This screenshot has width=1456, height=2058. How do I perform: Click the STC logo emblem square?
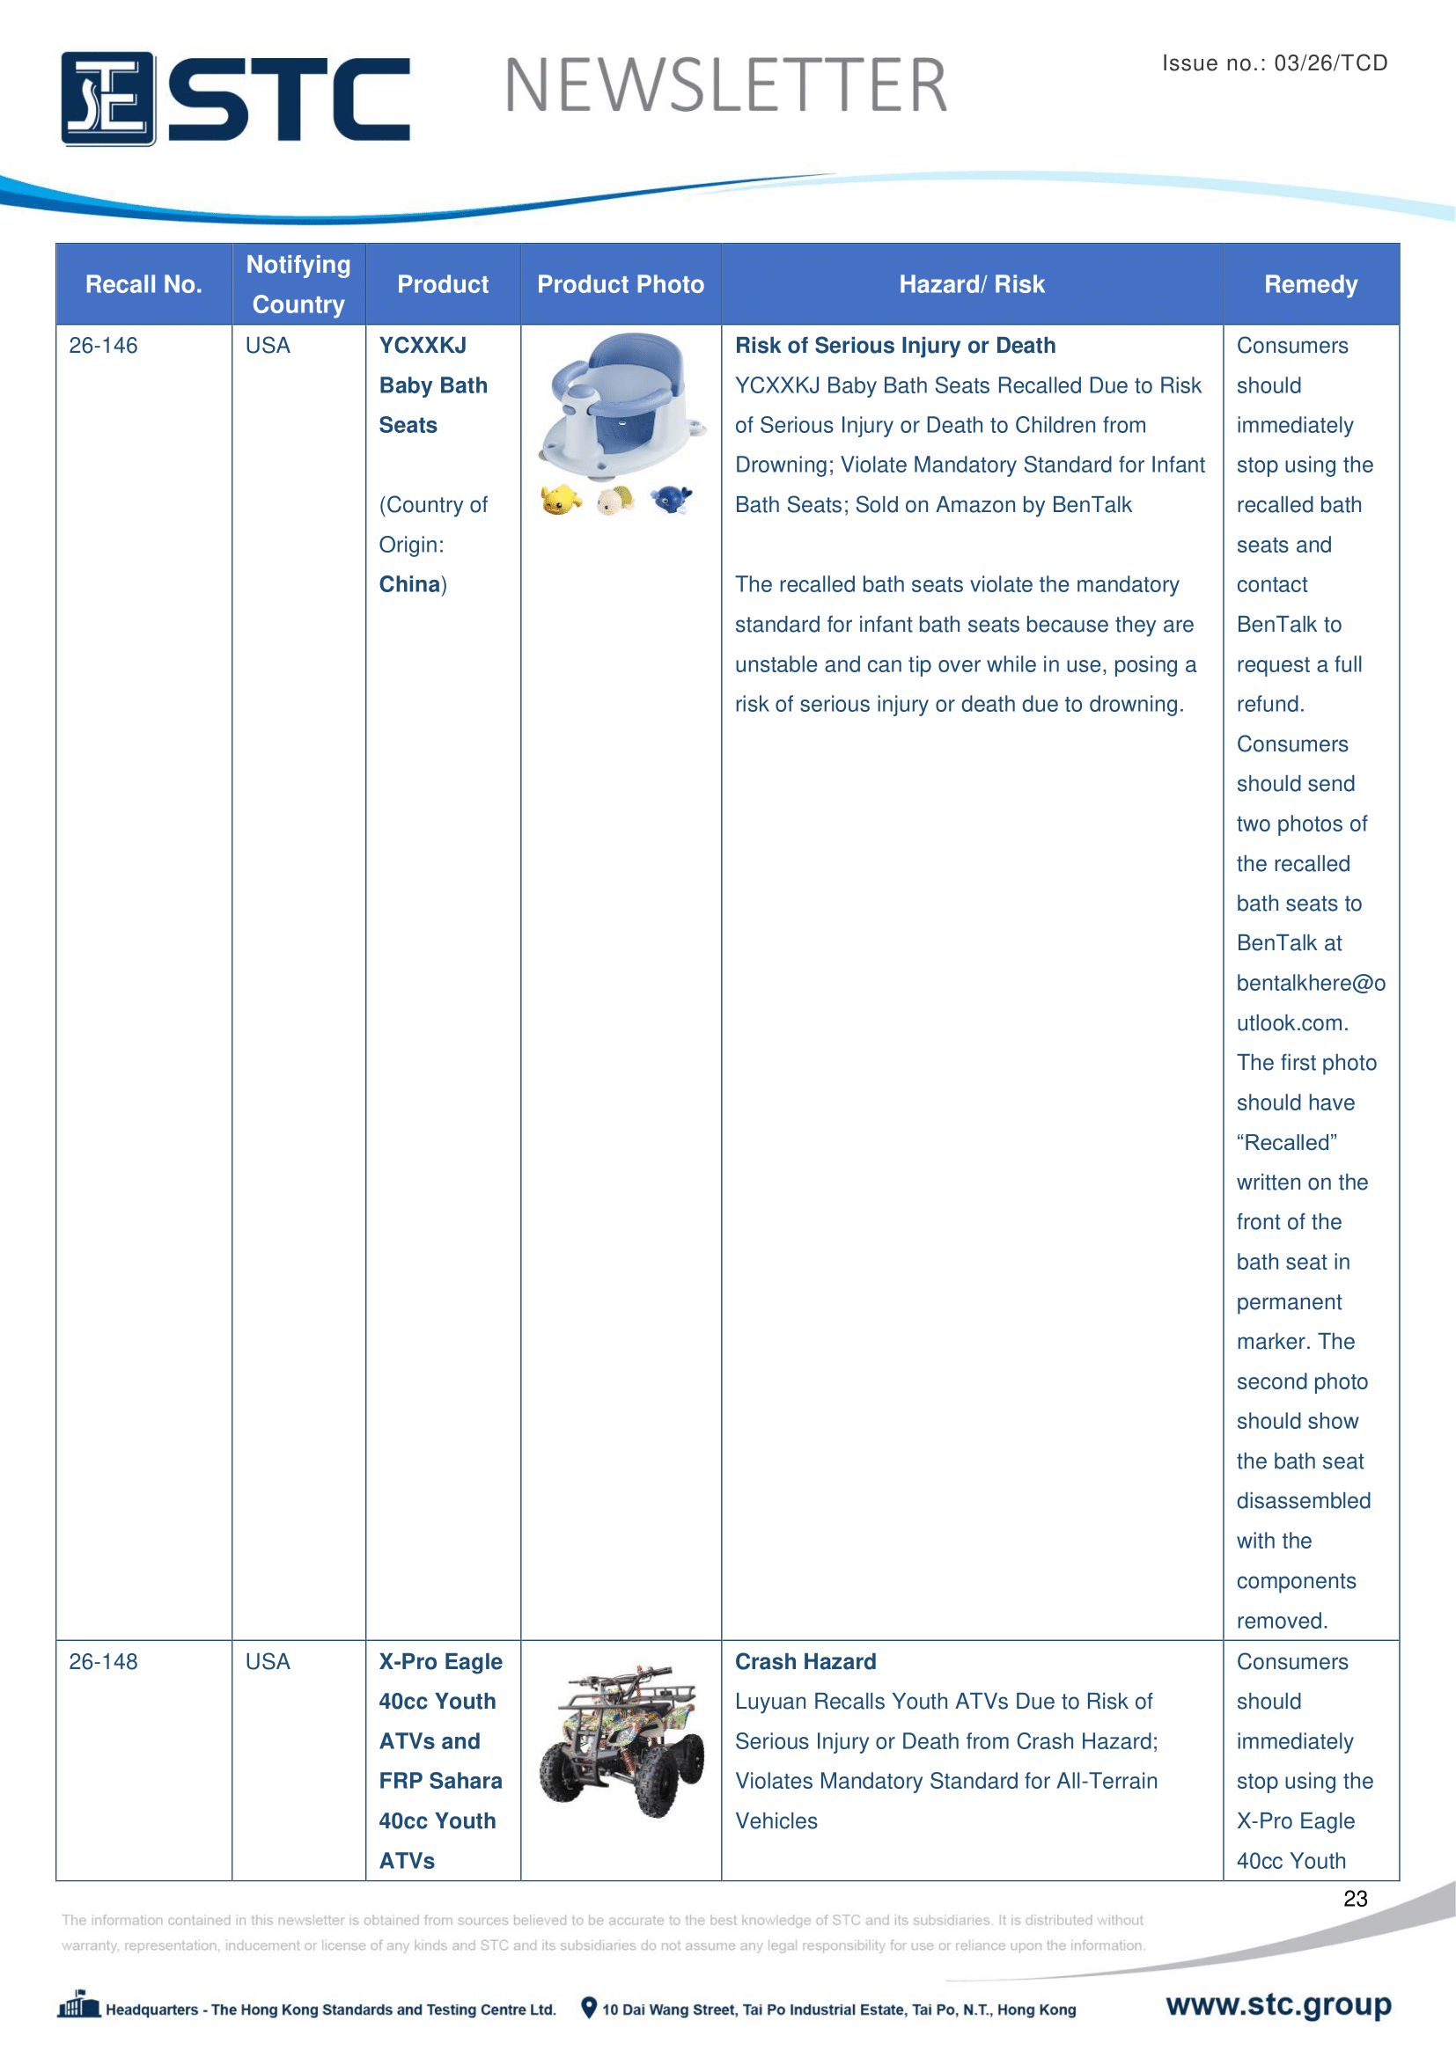click(x=107, y=99)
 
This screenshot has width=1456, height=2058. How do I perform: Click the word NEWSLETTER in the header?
click(x=725, y=86)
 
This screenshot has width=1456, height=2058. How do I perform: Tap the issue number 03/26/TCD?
click(x=1329, y=62)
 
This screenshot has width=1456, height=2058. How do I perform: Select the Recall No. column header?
click(x=143, y=284)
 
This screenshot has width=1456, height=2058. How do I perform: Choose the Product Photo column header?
click(x=621, y=284)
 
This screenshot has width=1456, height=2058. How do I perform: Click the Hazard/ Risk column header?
click(x=972, y=284)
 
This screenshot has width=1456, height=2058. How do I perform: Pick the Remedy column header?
click(x=1310, y=284)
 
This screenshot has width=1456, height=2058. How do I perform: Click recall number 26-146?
click(x=103, y=346)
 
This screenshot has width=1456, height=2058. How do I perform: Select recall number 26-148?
click(x=103, y=1661)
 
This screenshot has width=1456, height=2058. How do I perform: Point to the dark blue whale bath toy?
click(x=671, y=499)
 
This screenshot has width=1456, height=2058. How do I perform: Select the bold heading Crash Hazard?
click(x=805, y=1661)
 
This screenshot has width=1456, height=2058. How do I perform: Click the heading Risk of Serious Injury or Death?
click(x=894, y=346)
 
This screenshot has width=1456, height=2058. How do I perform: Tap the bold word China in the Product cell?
click(x=408, y=584)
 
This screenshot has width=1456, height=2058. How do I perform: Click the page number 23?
click(x=1355, y=1898)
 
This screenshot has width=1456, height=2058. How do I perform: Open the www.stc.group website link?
click(x=1277, y=2003)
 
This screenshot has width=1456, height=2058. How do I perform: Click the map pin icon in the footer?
click(x=588, y=2007)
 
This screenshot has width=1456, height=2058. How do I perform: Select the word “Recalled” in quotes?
click(x=1287, y=1143)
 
